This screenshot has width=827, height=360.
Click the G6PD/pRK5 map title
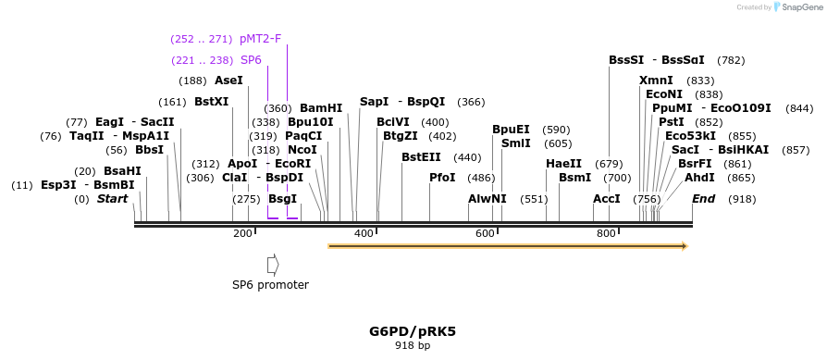413,330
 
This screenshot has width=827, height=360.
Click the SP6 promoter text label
270,285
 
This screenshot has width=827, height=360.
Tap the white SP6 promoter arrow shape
273,265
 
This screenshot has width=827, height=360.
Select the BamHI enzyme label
321,108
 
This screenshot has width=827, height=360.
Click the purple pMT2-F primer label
260,39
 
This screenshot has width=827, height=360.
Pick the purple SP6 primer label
252,60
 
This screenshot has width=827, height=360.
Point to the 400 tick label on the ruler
364,234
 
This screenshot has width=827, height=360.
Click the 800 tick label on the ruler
606,234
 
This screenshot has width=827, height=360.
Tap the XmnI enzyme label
656,81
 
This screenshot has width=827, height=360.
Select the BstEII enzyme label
421,157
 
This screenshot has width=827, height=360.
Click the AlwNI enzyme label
488,199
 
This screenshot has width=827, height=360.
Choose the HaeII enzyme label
563,164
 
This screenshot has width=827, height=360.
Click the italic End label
704,199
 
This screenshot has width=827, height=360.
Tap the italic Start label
112,199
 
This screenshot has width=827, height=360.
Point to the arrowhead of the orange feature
684,246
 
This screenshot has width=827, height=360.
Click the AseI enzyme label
228,81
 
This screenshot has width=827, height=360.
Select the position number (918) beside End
742,199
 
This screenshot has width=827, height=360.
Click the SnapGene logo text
800,7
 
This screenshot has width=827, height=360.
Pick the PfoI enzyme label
442,177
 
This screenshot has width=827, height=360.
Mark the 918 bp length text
413,346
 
